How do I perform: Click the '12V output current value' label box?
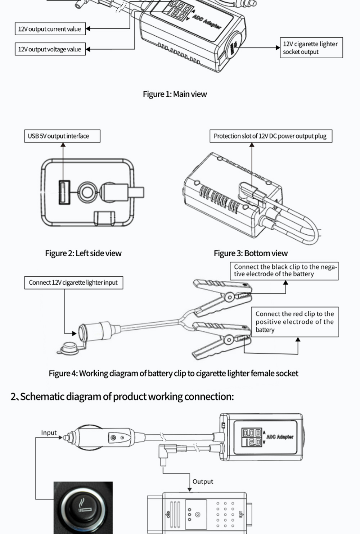coord(50,29)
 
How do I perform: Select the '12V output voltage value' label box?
coord(50,49)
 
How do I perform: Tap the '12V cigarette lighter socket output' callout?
coord(311,48)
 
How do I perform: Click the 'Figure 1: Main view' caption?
coord(175,94)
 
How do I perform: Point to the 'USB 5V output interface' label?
coord(62,136)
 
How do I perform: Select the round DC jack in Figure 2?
coord(86,192)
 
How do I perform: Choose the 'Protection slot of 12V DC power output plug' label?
coord(270,136)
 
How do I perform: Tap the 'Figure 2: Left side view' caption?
coord(83,253)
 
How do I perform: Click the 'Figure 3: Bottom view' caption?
coord(251,253)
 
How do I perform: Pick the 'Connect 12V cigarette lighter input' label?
coord(73,282)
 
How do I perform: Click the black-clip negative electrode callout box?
coord(284,271)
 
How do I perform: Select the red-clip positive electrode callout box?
coord(295,322)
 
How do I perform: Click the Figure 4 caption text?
coord(173,374)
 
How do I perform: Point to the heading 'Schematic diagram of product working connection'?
coord(122,397)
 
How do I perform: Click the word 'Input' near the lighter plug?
coord(49,433)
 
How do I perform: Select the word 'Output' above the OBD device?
coord(203,481)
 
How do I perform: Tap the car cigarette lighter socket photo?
coord(83,507)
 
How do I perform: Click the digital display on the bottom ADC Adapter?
coord(252,437)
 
